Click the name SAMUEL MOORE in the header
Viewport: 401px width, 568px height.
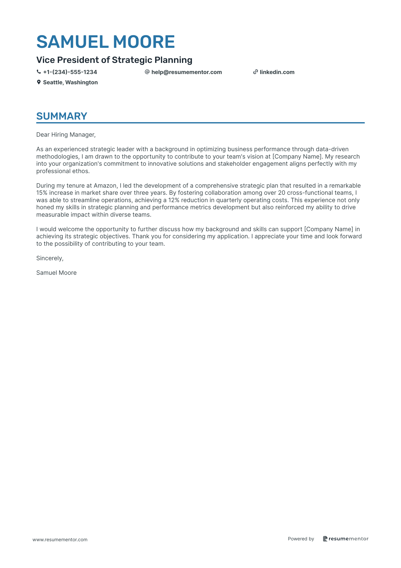coord(106,42)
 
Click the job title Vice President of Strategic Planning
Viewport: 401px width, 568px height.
coord(114,60)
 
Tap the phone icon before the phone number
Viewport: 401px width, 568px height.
coord(39,72)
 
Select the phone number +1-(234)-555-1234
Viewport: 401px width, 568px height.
coord(70,72)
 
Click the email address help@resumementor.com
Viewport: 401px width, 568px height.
coord(187,72)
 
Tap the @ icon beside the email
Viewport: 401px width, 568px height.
coord(147,72)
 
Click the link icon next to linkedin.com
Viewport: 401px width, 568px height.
coord(255,72)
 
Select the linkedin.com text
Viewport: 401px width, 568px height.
coord(277,72)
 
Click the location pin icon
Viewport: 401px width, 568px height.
coord(39,82)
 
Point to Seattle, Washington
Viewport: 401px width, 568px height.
coord(70,83)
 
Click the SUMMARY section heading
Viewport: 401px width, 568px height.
coord(62,116)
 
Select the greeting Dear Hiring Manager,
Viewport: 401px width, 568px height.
coord(66,135)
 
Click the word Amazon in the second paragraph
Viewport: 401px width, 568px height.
coord(105,186)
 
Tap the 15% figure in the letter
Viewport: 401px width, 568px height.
coord(42,193)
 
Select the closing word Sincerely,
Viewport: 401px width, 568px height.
coord(50,258)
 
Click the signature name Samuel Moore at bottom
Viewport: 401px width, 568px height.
coord(56,273)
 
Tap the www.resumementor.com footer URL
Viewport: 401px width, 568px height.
coord(60,540)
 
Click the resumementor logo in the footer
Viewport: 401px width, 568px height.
coord(346,539)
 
